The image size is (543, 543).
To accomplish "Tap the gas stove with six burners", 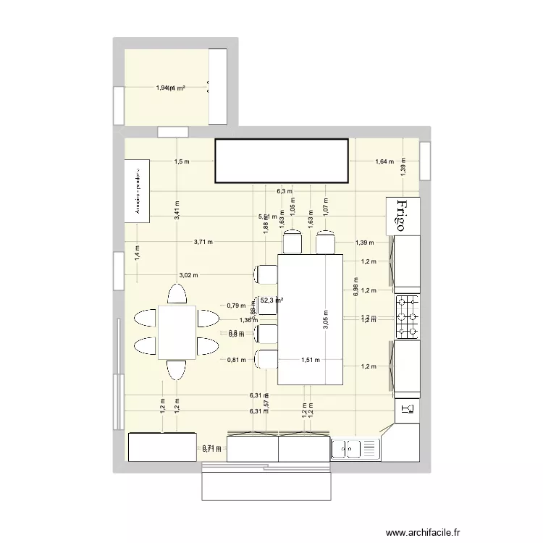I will click(407, 316).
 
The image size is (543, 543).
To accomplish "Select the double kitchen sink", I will click(355, 449).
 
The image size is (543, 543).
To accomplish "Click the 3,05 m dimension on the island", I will click(324, 318).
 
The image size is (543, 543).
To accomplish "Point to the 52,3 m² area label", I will click(271, 300).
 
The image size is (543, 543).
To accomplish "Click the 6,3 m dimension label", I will click(285, 192).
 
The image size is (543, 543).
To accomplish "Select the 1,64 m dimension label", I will click(384, 162).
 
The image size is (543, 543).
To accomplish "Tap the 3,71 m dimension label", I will click(203, 242).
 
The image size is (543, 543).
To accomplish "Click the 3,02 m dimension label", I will click(188, 275).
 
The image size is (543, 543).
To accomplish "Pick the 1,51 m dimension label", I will click(311, 359).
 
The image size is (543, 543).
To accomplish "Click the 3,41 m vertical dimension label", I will click(177, 209).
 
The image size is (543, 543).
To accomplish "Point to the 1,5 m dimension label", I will click(182, 162).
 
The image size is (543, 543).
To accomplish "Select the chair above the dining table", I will click(177, 295).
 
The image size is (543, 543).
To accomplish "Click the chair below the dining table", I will click(177, 370).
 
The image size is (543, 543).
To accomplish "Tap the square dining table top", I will click(177, 332).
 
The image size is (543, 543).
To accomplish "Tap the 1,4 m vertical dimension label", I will click(137, 252).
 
